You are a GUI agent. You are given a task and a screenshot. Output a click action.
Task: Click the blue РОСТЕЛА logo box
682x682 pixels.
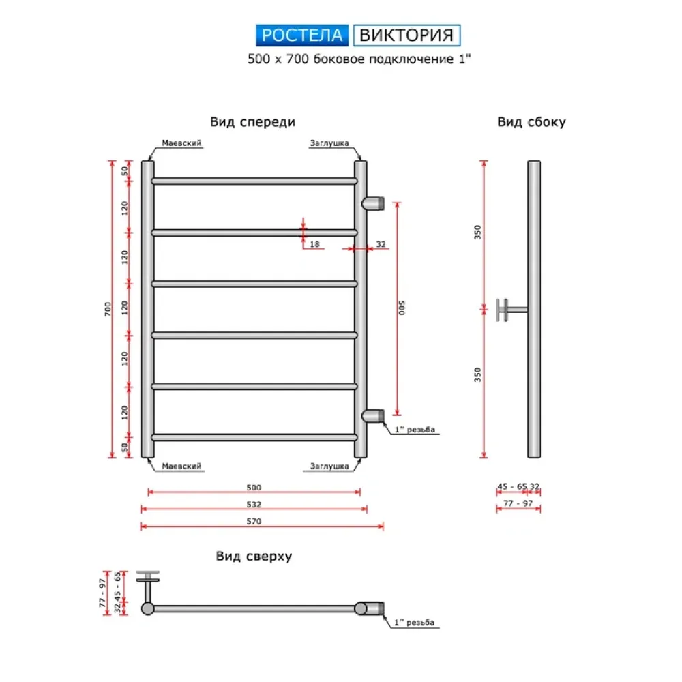point(303,35)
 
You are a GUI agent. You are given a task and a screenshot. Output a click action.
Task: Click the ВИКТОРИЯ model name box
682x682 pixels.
point(406,35)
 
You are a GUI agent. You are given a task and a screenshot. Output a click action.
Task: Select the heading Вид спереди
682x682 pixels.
point(252,123)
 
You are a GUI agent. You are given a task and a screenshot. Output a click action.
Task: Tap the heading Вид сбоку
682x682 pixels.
point(531,123)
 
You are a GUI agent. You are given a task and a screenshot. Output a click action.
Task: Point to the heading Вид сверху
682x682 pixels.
point(254,557)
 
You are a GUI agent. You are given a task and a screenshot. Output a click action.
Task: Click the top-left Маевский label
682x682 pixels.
point(181,144)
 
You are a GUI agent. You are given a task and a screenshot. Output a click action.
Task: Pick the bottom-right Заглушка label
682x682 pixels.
point(329,466)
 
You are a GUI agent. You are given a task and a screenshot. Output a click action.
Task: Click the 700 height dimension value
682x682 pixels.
point(108,309)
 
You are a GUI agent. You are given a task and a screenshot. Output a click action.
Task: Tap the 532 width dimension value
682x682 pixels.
point(254,505)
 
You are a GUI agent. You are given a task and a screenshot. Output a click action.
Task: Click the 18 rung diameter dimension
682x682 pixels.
point(314,243)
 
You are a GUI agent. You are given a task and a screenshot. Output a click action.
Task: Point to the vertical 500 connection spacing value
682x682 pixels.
point(402,308)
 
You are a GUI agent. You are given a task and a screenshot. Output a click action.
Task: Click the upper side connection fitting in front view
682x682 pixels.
point(374,203)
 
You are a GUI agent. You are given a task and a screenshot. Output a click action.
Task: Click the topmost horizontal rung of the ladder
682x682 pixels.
point(254,181)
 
